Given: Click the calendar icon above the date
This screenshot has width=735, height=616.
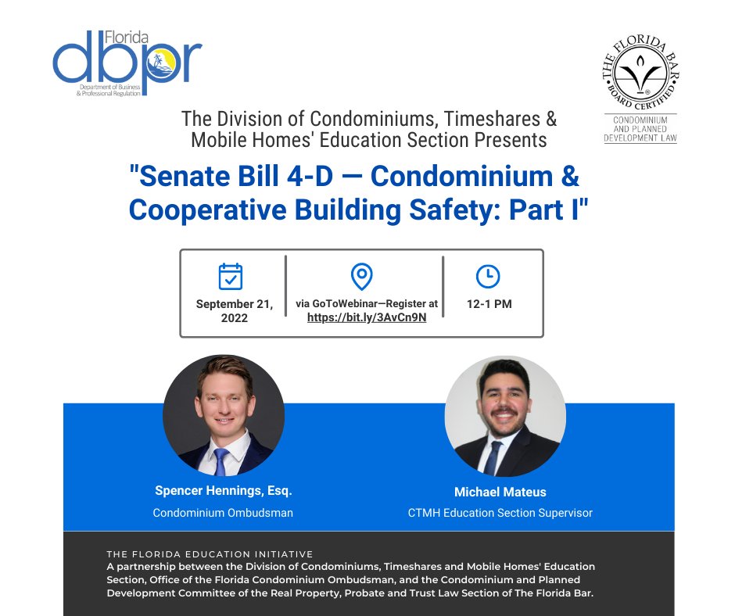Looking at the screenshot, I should [x=231, y=277].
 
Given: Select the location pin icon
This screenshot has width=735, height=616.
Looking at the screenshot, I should [x=361, y=276].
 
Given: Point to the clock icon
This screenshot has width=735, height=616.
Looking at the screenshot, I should [x=488, y=276].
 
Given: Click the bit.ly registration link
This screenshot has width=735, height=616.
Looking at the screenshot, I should [x=367, y=317].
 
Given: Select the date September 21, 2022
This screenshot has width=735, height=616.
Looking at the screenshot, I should [x=234, y=310].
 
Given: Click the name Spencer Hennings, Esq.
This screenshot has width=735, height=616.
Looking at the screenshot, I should [x=224, y=491].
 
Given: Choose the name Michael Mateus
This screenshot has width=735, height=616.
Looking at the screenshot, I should [x=500, y=492].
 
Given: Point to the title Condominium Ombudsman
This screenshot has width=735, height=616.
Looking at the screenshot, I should [x=224, y=513].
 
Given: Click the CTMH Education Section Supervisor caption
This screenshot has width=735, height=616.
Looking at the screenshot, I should [x=500, y=513].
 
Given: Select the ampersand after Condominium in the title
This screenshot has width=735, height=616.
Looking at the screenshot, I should [x=569, y=177].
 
